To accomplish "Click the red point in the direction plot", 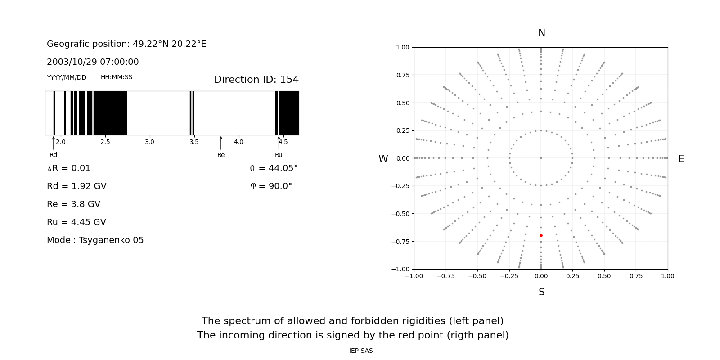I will coord(541,235).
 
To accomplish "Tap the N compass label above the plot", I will coord(541,33).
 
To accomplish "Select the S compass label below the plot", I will coord(541,292).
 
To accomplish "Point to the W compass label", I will coord(383,159).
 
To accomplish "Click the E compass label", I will coord(681,159).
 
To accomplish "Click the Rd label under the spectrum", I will coord(54,155).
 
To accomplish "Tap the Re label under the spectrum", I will coord(221,155).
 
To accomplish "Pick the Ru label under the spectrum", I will coord(279,155).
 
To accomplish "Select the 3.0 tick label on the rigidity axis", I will coord(149,142).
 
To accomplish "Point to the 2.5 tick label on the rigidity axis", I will coord(105,142).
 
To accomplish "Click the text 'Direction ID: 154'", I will coord(256,80).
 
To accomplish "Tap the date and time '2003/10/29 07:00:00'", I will coord(93,62).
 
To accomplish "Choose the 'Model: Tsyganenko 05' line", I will coord(95,240).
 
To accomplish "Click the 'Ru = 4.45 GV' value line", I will coord(76,222).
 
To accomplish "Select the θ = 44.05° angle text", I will coord(274,168).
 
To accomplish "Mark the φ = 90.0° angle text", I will coord(271,186).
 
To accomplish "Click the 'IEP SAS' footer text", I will coord(361,351).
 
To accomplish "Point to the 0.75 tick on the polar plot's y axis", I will coord(403,75).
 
